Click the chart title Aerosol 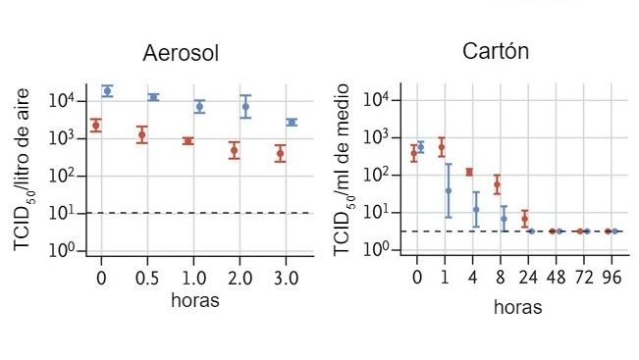point(181,53)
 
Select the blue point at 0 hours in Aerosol point(107,90)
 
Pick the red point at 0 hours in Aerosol point(95,125)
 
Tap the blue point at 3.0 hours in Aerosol point(292,123)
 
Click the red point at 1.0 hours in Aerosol point(187,141)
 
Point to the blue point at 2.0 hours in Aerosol point(245,106)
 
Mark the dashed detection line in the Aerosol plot point(196,213)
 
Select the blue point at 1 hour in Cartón point(449,190)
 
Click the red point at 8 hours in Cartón point(497,184)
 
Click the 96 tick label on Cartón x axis point(611,278)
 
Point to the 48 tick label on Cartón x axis point(555,278)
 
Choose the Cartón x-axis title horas point(516,306)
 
